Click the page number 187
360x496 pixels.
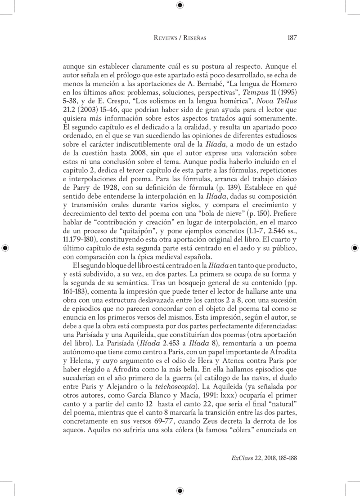click(x=291, y=38)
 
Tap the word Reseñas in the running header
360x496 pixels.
click(x=194, y=38)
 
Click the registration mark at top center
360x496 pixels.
click(x=180, y=5)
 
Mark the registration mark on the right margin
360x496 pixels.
click(x=355, y=248)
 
